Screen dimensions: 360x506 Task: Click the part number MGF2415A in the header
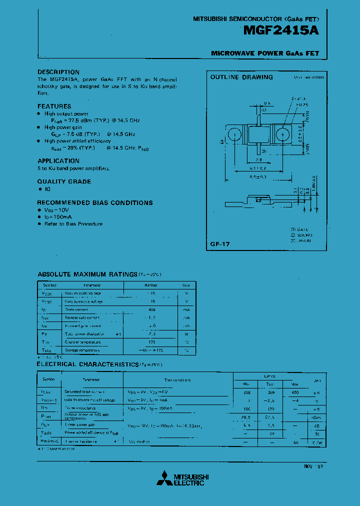click(x=281, y=30)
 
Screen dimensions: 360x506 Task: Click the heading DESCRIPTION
click(x=58, y=72)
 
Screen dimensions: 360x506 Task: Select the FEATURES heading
click(x=54, y=106)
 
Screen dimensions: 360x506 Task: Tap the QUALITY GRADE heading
click(x=64, y=181)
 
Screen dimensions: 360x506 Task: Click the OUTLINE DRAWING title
click(x=241, y=77)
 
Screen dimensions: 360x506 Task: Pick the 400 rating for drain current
click(x=152, y=309)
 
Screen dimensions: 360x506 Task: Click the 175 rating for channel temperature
click(x=152, y=342)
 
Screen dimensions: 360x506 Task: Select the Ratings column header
click(x=151, y=285)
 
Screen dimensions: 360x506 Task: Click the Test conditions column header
click(x=177, y=380)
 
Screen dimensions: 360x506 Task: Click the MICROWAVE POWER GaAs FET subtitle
click(x=264, y=53)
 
